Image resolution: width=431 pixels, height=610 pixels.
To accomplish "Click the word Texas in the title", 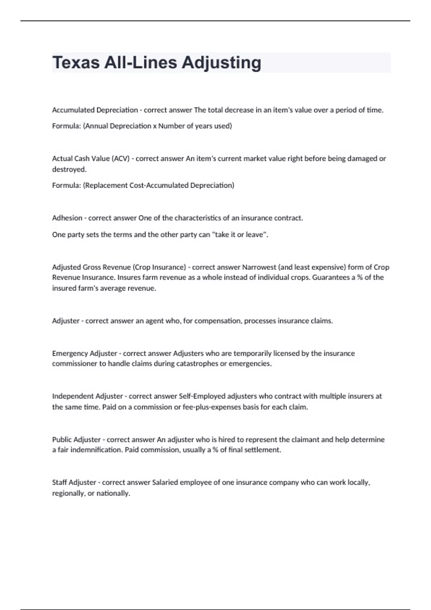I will click(76, 62).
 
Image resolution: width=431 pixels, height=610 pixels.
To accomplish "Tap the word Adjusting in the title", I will click(221, 63).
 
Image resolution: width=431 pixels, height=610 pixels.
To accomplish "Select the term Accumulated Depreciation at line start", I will click(95, 110).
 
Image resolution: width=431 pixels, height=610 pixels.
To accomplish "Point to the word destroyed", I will click(69, 169).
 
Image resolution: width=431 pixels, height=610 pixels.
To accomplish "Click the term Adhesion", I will click(67, 218).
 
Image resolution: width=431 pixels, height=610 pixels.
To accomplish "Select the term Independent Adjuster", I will click(87, 396).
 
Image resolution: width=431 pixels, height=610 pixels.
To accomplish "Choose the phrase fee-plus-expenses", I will click(221, 407).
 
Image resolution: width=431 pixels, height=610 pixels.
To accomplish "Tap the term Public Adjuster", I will click(76, 440).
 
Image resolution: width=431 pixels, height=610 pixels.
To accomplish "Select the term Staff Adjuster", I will click(74, 483).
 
